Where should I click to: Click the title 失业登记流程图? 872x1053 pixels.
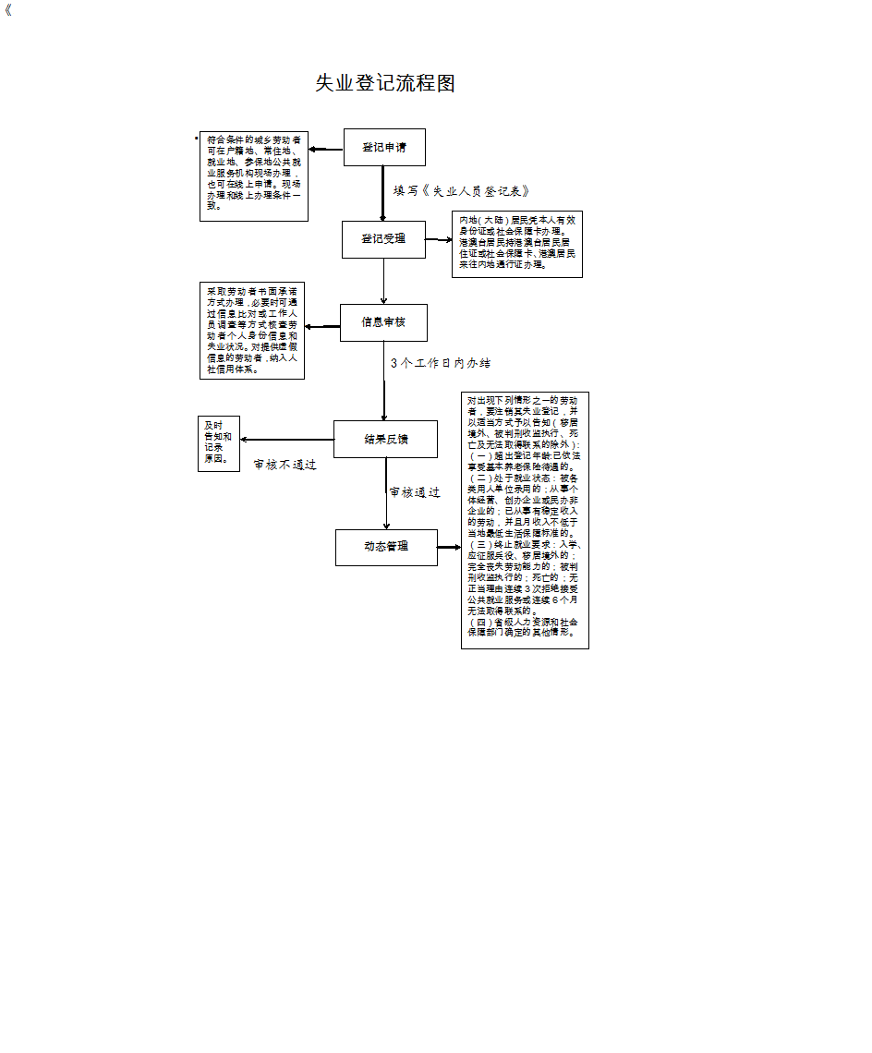click(385, 83)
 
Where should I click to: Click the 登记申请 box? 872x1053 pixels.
click(384, 147)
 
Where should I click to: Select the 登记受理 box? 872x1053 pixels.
click(383, 239)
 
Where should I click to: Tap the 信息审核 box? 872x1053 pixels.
click(383, 322)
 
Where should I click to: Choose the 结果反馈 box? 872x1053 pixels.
click(385, 440)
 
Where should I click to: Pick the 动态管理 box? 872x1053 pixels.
click(385, 547)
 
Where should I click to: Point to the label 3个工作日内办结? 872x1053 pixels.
click(441, 364)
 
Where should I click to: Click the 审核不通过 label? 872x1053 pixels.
click(285, 465)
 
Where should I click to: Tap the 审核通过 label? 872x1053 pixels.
click(415, 493)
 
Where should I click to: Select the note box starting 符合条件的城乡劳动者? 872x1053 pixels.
click(254, 176)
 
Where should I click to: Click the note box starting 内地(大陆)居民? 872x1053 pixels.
click(517, 245)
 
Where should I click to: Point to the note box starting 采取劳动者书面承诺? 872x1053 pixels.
click(252, 331)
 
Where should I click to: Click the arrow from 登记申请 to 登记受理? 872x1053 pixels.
click(382, 194)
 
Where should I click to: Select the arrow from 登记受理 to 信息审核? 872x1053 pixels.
click(383, 281)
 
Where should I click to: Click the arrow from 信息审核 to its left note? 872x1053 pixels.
click(322, 326)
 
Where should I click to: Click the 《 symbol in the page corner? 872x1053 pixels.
click(9, 12)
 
